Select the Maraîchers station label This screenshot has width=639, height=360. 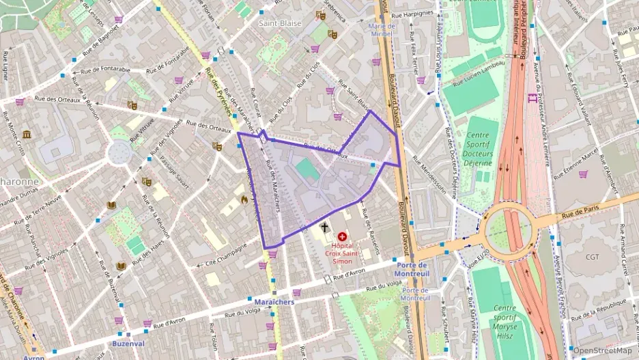click(x=273, y=302)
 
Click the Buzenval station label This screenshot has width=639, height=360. click(x=129, y=343)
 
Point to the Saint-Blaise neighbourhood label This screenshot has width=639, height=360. click(x=279, y=23)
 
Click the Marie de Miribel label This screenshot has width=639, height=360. click(x=382, y=30)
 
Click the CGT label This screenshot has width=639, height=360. click(x=592, y=257)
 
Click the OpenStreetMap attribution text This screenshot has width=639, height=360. click(x=603, y=350)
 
